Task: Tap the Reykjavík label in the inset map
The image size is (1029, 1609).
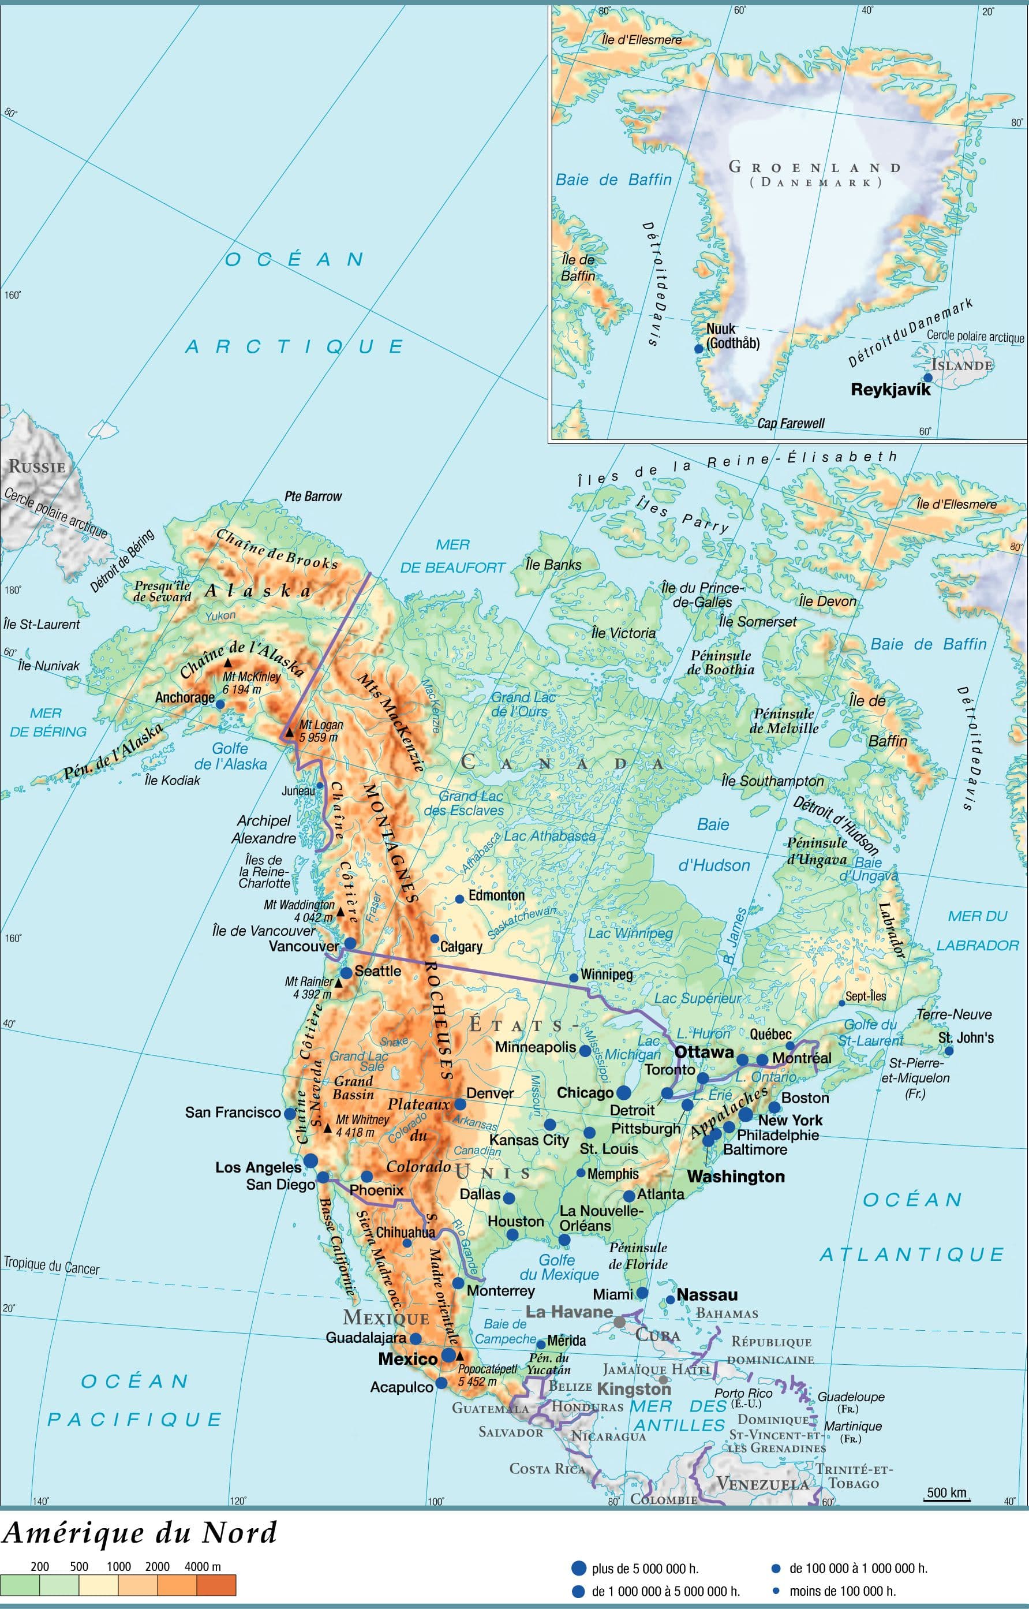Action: click(890, 390)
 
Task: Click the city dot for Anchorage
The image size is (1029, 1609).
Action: click(220, 704)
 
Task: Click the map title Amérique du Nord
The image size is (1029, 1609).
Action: click(139, 1533)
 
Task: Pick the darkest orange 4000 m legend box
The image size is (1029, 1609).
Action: click(216, 1585)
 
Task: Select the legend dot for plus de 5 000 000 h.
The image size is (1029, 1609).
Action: click(579, 1568)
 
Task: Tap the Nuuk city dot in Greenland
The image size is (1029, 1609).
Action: click(699, 348)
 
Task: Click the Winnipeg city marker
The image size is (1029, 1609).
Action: click(573, 977)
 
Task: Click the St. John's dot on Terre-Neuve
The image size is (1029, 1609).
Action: click(948, 1051)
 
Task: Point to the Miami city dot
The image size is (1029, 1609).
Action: click(641, 1293)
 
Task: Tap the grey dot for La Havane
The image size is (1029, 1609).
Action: click(619, 1321)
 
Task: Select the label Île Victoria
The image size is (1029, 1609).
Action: click(623, 632)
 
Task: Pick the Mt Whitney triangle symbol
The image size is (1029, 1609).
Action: click(327, 1128)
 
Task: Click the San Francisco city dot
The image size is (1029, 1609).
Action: click(289, 1114)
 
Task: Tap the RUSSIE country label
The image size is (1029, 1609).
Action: click(37, 466)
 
